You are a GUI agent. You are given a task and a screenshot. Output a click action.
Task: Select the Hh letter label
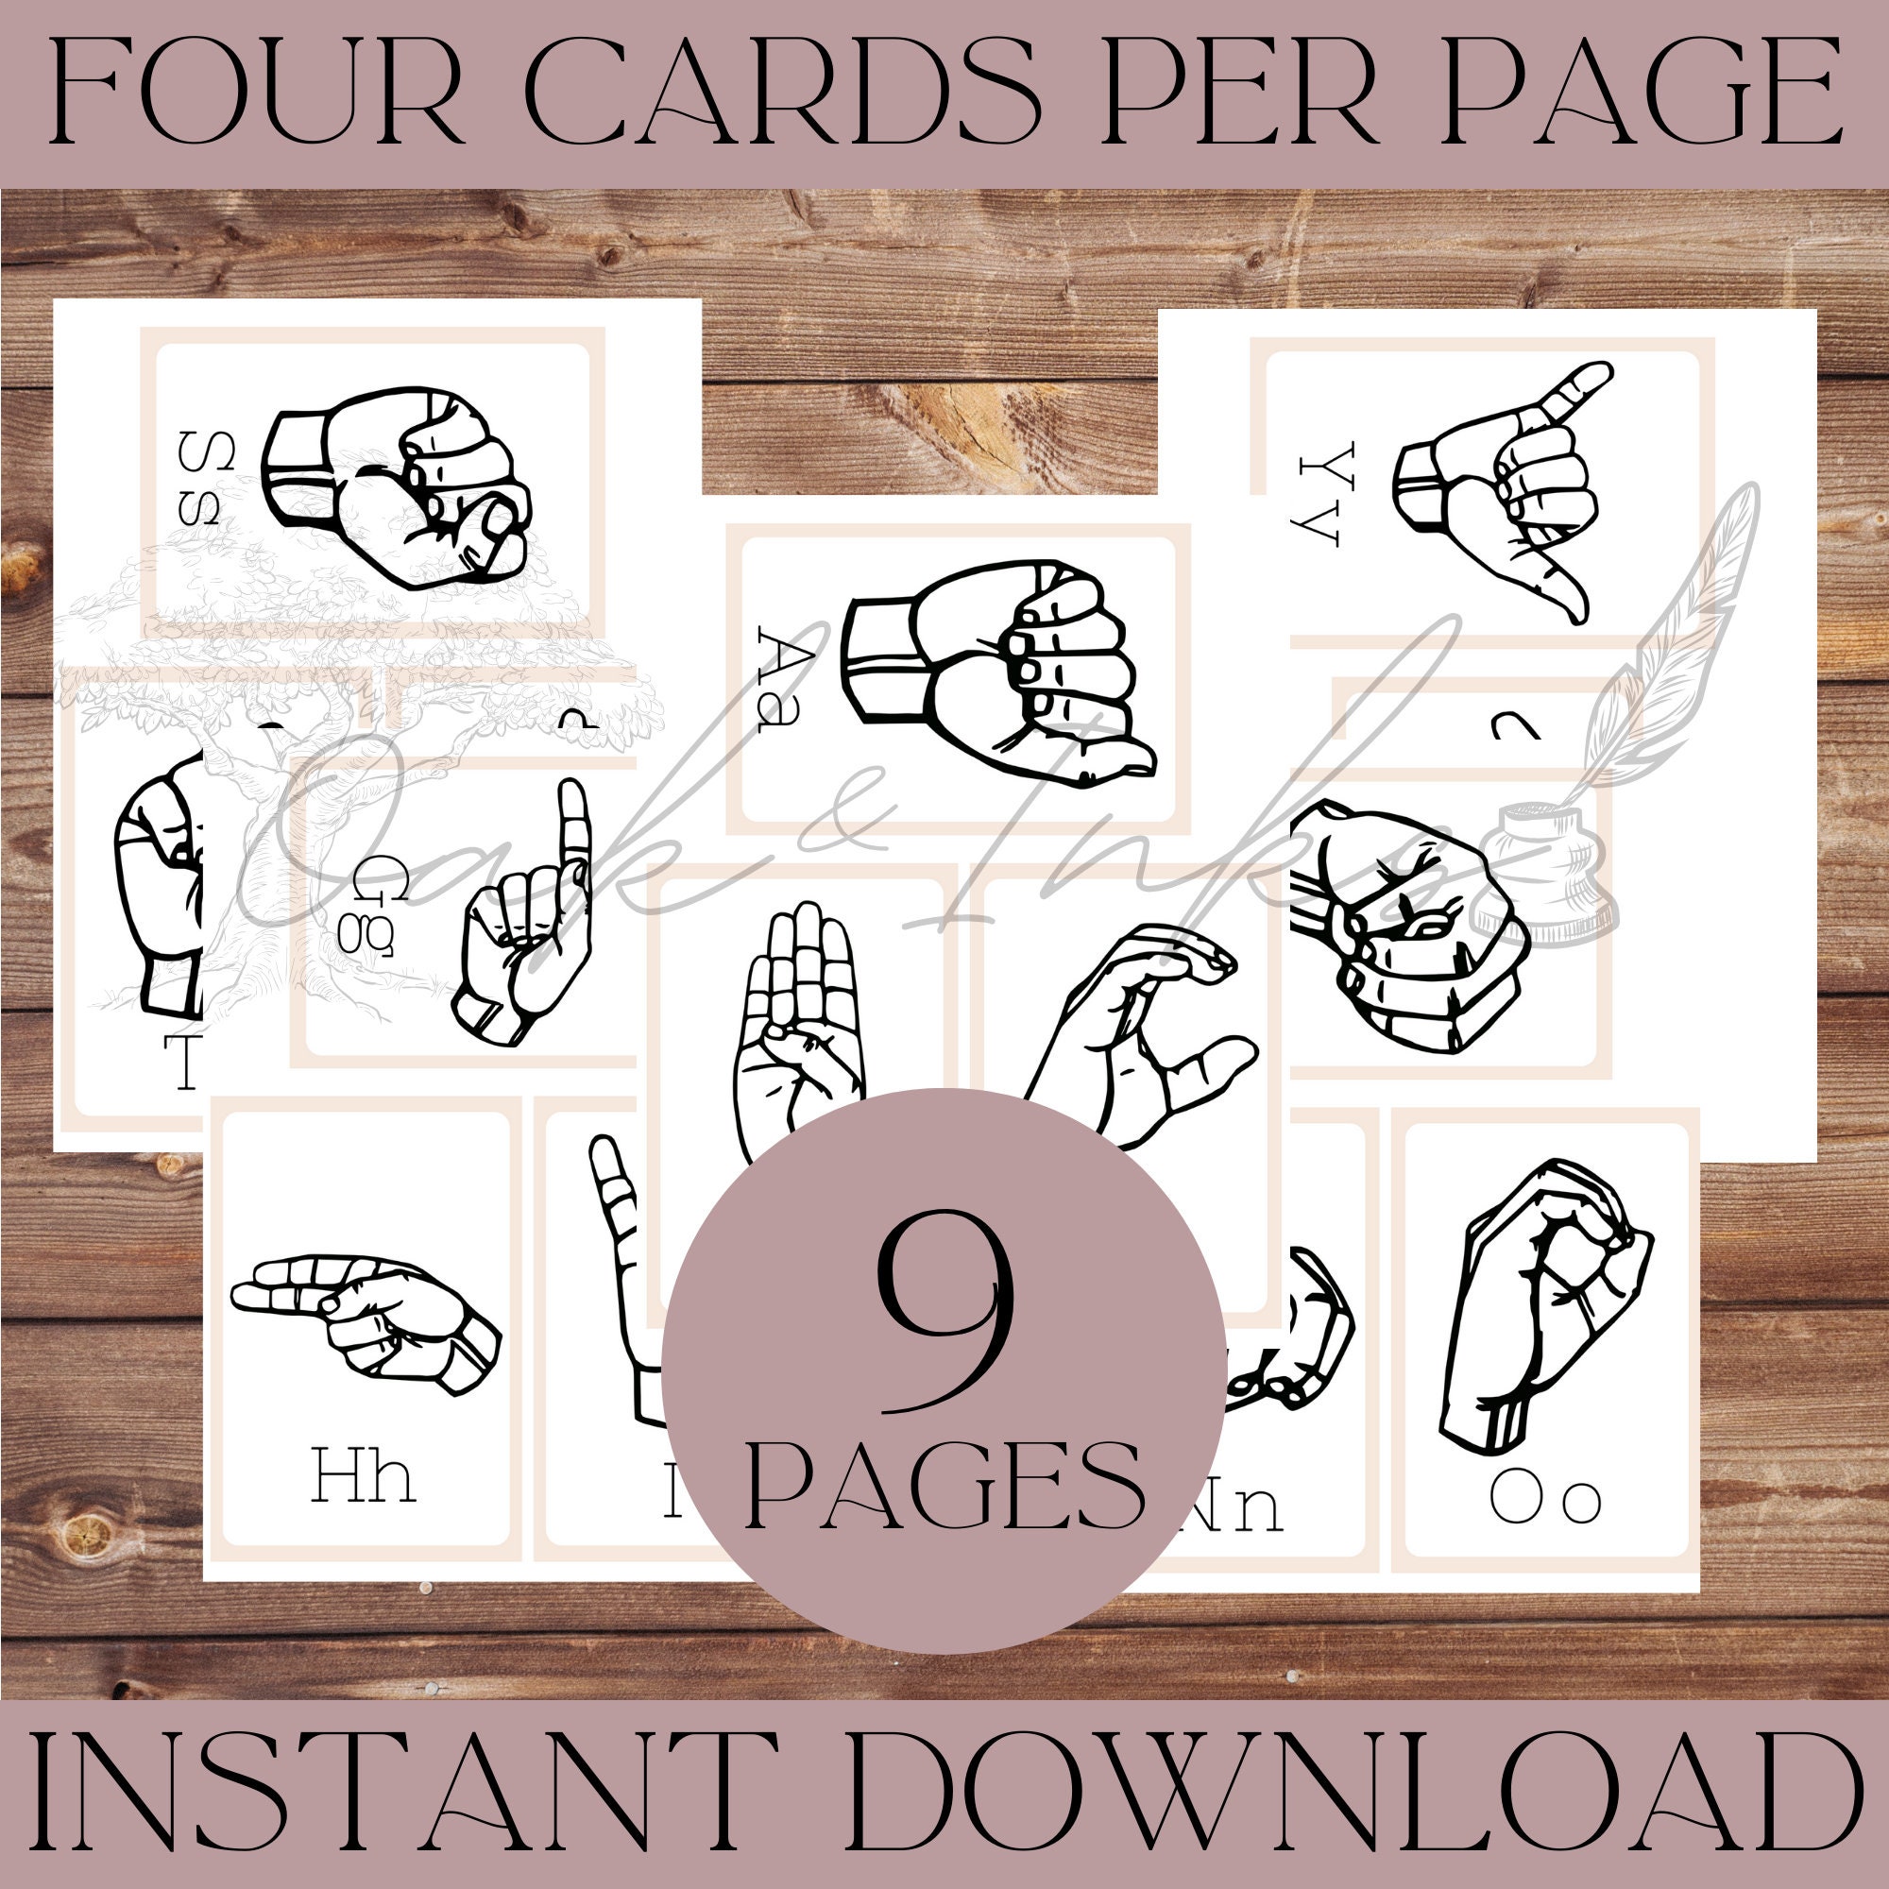coord(363,1477)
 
